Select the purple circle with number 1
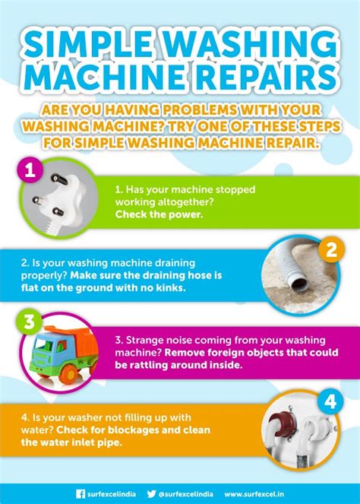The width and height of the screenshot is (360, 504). point(30,170)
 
